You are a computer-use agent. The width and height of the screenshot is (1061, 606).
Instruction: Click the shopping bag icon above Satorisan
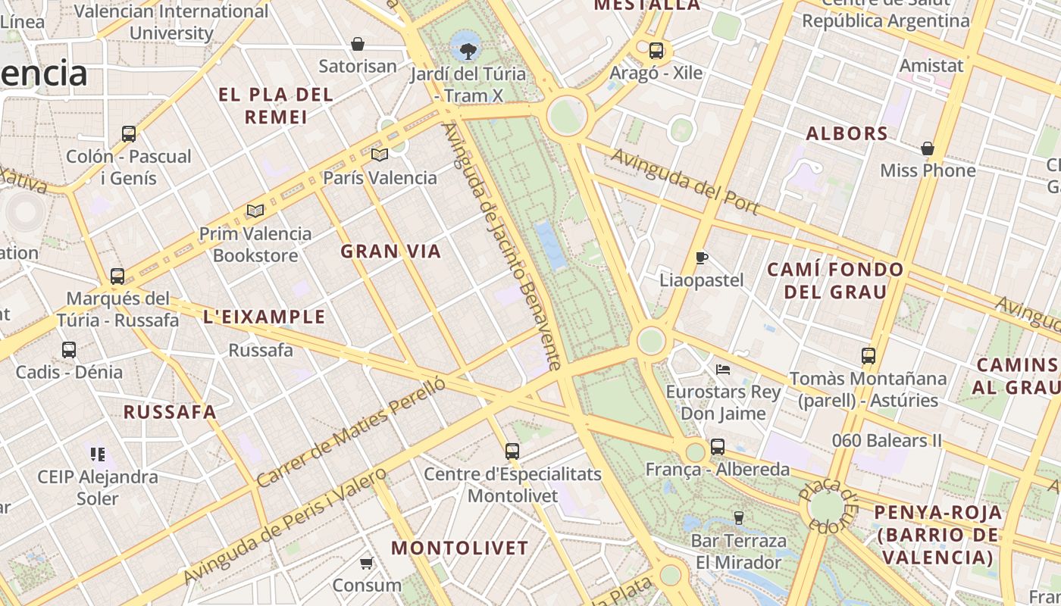coord(358,44)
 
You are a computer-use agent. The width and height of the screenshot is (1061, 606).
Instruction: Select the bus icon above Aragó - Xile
coord(656,51)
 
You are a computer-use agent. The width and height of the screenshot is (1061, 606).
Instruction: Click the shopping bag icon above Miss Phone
coord(927,148)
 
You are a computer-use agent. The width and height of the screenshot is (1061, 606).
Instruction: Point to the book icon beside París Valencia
coord(380,155)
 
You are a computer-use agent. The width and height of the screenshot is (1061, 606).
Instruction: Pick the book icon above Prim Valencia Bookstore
coord(255,211)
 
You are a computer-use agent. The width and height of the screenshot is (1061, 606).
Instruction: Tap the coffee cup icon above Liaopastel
coord(702,258)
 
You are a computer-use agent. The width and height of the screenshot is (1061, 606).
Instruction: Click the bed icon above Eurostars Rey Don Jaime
coord(723,370)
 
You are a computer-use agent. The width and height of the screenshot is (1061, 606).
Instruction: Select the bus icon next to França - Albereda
coord(717,447)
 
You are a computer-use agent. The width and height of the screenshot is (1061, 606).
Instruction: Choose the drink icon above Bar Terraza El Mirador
coord(738,518)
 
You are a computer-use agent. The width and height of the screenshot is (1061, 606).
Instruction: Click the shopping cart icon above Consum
coord(367,563)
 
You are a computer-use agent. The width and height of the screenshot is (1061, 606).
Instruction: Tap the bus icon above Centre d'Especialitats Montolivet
coord(512,451)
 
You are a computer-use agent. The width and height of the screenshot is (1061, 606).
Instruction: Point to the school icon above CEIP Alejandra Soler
coord(97,454)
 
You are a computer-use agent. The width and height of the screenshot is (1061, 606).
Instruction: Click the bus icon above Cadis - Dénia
coord(69,350)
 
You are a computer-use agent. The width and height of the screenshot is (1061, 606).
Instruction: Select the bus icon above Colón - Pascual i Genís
coord(129,134)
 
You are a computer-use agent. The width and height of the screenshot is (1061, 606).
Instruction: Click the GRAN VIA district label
coord(390,251)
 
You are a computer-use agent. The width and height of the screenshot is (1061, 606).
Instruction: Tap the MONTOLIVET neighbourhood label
coord(459,548)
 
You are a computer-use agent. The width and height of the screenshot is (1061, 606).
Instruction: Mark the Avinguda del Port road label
coord(685,182)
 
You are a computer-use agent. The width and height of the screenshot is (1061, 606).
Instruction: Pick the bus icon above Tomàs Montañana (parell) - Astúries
coord(869,355)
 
